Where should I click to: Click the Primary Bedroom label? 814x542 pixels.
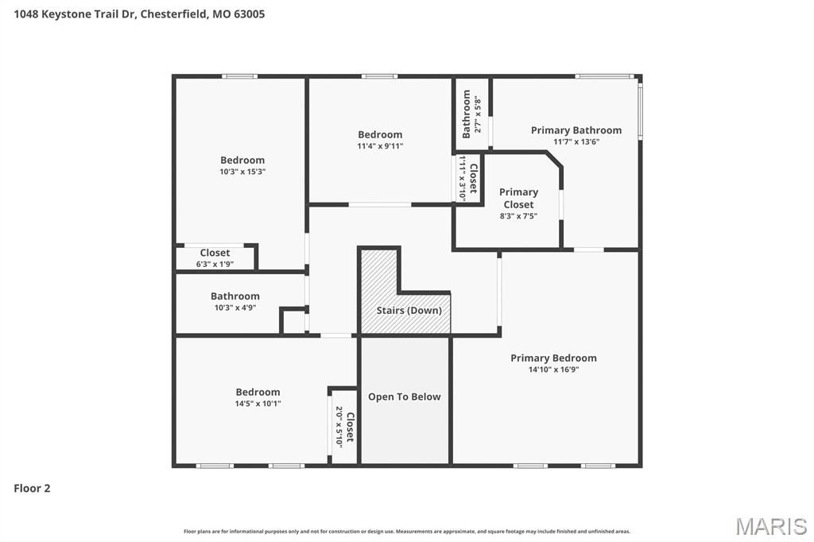553,358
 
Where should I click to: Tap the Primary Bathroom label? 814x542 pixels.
576,130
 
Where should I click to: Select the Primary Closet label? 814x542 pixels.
518,198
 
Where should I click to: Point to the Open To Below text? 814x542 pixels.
404,397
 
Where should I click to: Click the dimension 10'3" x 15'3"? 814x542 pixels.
242,172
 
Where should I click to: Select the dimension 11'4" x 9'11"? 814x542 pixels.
380,146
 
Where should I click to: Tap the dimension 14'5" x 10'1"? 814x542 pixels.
258,404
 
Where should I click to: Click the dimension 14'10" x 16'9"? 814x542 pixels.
553,370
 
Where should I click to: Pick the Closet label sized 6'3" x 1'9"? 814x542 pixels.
215,253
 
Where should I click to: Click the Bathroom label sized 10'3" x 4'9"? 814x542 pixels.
235,296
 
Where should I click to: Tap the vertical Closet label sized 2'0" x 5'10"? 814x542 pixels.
350,427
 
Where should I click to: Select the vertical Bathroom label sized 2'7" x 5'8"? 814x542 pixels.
467,114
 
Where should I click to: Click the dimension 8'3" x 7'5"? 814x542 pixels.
518,216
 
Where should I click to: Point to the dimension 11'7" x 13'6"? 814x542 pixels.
576,142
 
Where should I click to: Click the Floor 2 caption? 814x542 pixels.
32,489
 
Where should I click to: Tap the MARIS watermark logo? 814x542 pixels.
770,526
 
